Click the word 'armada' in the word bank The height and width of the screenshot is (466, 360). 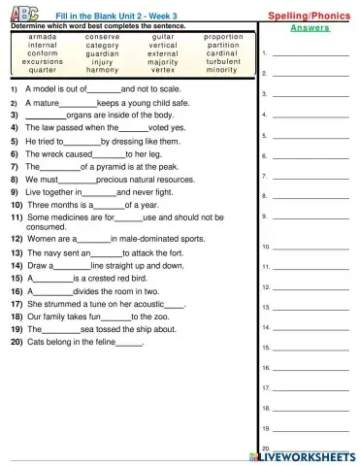tap(42, 36)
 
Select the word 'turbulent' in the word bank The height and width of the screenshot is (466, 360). tap(222, 61)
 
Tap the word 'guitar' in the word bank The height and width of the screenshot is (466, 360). tap(163, 36)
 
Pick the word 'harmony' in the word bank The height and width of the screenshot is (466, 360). tap(102, 70)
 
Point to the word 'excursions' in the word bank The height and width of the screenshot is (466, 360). tap(42, 61)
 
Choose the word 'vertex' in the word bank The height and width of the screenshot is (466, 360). tap(163, 70)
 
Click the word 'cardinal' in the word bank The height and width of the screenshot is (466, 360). tap(222, 52)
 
